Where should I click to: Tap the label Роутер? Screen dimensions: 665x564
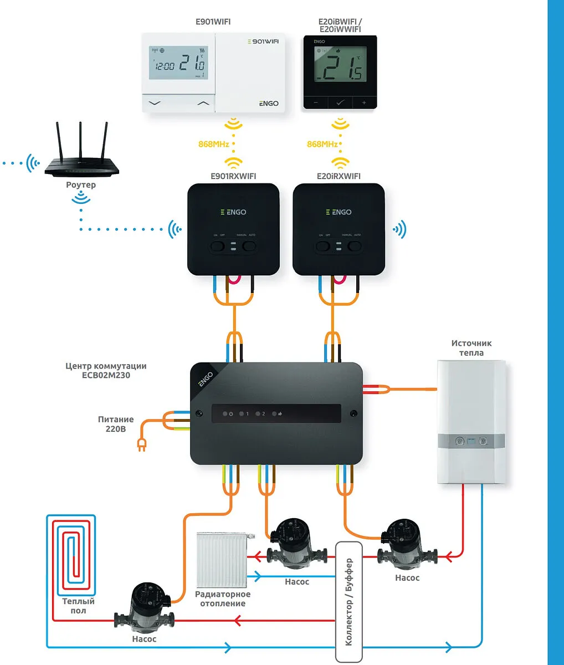click(x=81, y=185)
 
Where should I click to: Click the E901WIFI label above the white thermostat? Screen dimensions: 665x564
click(x=213, y=22)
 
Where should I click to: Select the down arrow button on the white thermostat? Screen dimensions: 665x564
click(x=155, y=103)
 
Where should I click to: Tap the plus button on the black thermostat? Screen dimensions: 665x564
click(x=364, y=103)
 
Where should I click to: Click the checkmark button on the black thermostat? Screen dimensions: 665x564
click(x=340, y=103)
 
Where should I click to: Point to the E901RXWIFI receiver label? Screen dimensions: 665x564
click(x=233, y=176)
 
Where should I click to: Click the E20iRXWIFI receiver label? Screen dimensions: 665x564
click(x=339, y=176)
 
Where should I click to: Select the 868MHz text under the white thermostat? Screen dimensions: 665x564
click(x=214, y=144)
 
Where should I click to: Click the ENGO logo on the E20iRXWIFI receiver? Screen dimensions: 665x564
click(x=339, y=212)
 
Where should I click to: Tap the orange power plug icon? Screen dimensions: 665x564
click(x=141, y=444)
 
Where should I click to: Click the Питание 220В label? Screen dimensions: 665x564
click(x=116, y=424)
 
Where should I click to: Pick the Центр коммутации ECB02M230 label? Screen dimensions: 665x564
click(x=106, y=370)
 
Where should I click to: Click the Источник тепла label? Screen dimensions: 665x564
click(x=471, y=348)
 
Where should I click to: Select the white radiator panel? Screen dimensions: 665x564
click(x=222, y=560)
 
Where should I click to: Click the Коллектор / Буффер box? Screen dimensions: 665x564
click(x=349, y=601)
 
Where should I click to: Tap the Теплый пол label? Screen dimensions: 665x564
click(x=78, y=606)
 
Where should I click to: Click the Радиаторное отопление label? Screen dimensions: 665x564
click(x=223, y=598)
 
